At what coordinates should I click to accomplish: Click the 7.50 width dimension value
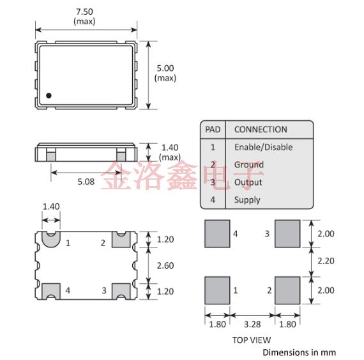[84, 12]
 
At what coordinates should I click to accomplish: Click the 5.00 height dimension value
[165, 68]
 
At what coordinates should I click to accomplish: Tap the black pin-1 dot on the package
[49, 96]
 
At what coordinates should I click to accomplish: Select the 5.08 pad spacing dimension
[86, 182]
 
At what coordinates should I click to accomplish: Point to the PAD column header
[213, 129]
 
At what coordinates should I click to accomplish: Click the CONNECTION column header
[261, 129]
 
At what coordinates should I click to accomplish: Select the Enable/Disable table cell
[263, 147]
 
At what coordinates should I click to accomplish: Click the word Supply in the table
[247, 200]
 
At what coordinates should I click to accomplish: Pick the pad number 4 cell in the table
[213, 200]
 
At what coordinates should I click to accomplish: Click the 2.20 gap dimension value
[326, 262]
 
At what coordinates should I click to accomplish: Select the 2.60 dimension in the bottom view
[165, 265]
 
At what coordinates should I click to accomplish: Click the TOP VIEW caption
[252, 340]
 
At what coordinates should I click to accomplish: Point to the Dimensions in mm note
[299, 352]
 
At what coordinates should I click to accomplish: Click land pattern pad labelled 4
[217, 233]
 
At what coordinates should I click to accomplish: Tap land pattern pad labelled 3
[287, 233]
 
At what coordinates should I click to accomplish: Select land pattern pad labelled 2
[287, 290]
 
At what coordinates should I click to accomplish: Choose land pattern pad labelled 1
[217, 290]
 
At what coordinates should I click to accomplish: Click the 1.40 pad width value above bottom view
[50, 206]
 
